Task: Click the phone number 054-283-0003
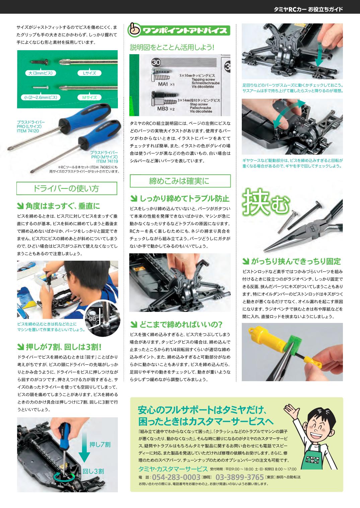click(176, 477)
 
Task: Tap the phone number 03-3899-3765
click(239, 477)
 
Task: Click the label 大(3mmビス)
click(41, 73)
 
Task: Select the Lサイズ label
click(89, 73)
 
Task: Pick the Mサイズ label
click(89, 97)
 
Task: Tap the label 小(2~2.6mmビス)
click(41, 97)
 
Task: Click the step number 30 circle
click(156, 62)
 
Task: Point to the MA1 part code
click(163, 84)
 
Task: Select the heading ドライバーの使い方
click(67, 188)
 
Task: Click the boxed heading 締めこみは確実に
click(180, 181)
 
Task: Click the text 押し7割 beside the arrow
click(100, 444)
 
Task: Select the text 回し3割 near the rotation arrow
click(93, 471)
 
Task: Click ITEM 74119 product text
click(107, 161)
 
